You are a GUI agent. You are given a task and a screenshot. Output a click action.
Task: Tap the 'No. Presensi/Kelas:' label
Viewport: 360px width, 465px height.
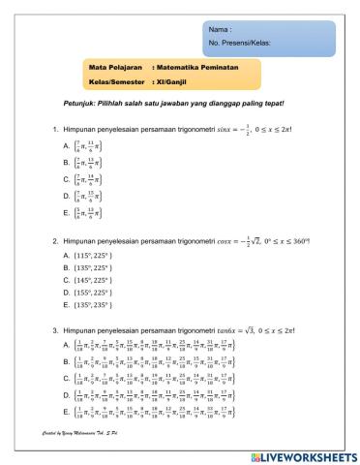pos(238,44)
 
